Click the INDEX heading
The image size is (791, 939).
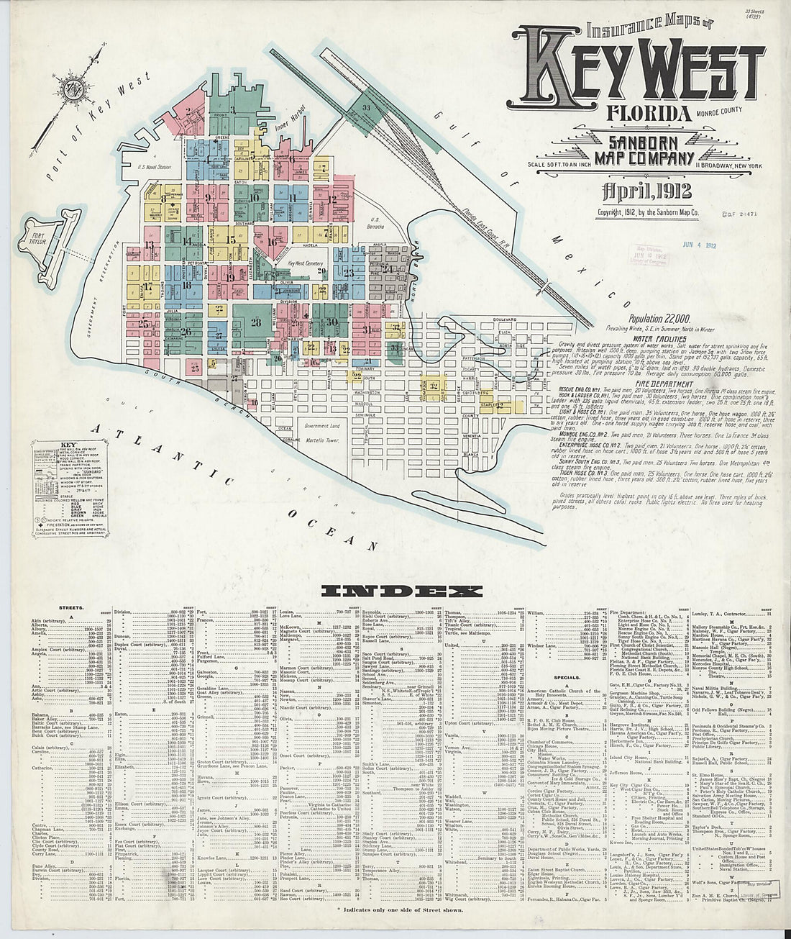coord(401,591)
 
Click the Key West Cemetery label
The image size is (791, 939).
coord(306,264)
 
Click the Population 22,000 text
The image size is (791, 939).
coord(659,317)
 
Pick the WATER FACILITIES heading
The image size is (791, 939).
coord(659,338)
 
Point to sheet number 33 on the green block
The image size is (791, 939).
coord(366,108)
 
